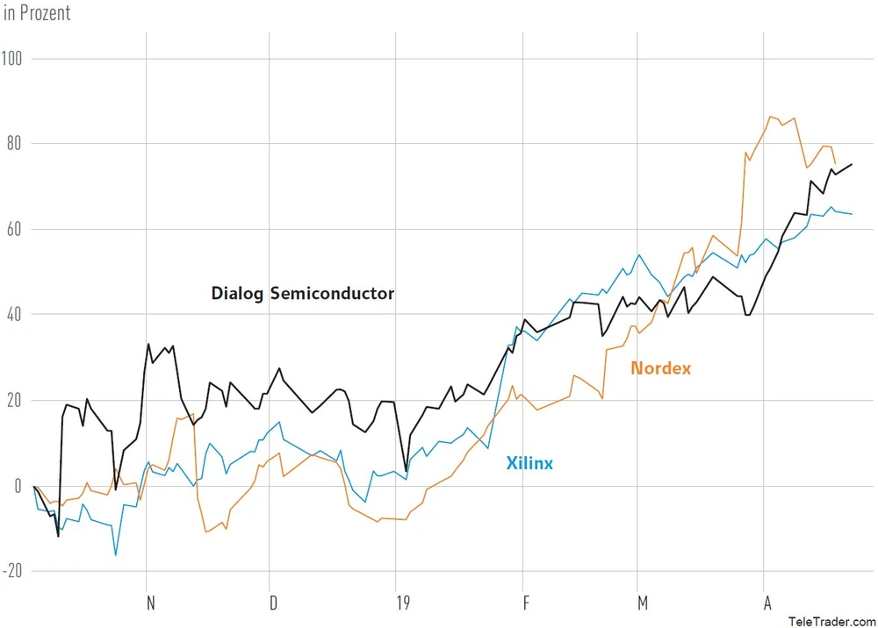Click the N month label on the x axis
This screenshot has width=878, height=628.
150,603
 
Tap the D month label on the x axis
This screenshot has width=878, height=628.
274,603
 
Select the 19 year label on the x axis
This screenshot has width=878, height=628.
403,603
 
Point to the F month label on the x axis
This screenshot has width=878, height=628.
527,603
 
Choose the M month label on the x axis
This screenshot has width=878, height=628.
644,603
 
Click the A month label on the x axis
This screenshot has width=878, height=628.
768,603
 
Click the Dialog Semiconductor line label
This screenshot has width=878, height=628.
302,294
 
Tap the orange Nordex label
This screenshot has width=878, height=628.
660,368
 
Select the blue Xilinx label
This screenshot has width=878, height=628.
529,463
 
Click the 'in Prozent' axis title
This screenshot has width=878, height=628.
36,13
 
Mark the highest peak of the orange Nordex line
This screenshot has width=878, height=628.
771,117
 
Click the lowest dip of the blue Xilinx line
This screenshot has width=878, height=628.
115,554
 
